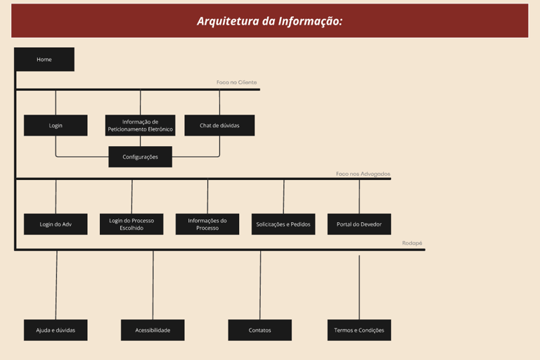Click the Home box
coord(44,60)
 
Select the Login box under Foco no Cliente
coord(56,125)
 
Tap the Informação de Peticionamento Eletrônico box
coord(140,125)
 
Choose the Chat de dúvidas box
coord(219,125)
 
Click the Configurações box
coord(140,157)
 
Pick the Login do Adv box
coord(56,224)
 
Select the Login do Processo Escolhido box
coord(131,224)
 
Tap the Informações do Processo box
coord(207,224)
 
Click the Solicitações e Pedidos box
coord(283,224)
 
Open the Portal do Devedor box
coord(359,224)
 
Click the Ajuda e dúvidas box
coord(56,330)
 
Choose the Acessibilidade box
coord(153,330)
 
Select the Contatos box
coord(259,330)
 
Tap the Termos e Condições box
coord(359,330)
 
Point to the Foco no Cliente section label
coord(237,82)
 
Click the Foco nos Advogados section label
coord(363,174)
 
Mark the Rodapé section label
coord(412,243)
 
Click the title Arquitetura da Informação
coord(269,21)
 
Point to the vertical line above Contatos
coord(260,285)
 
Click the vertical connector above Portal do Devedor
coord(359,197)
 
